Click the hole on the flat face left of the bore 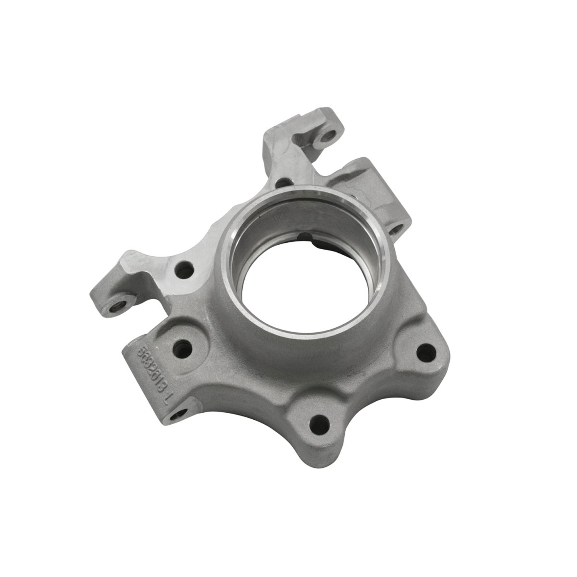point(184,270)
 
